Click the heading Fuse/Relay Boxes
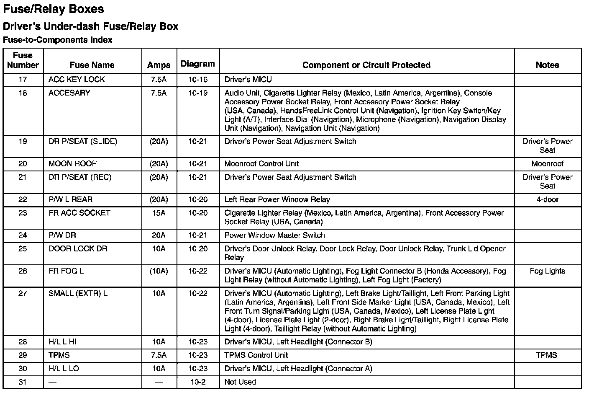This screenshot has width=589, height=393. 54,9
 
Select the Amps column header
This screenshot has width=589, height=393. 159,65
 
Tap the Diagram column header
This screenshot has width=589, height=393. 197,64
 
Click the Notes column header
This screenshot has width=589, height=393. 547,65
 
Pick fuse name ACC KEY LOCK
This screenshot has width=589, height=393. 77,80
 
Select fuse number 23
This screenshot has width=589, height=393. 23,213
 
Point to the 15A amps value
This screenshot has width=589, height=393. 159,213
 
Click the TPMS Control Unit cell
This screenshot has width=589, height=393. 256,355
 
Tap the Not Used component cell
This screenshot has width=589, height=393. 240,382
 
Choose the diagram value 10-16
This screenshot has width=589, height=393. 198,80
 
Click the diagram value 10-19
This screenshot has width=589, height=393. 198,93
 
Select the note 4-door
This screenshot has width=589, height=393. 547,199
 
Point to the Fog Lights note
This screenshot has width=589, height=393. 547,271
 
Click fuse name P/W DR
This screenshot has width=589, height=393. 62,235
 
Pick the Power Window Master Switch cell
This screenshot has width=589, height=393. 274,235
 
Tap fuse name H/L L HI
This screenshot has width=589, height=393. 62,342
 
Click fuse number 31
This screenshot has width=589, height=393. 23,382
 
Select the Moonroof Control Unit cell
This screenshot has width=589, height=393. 261,164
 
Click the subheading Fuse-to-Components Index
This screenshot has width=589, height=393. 57,40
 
